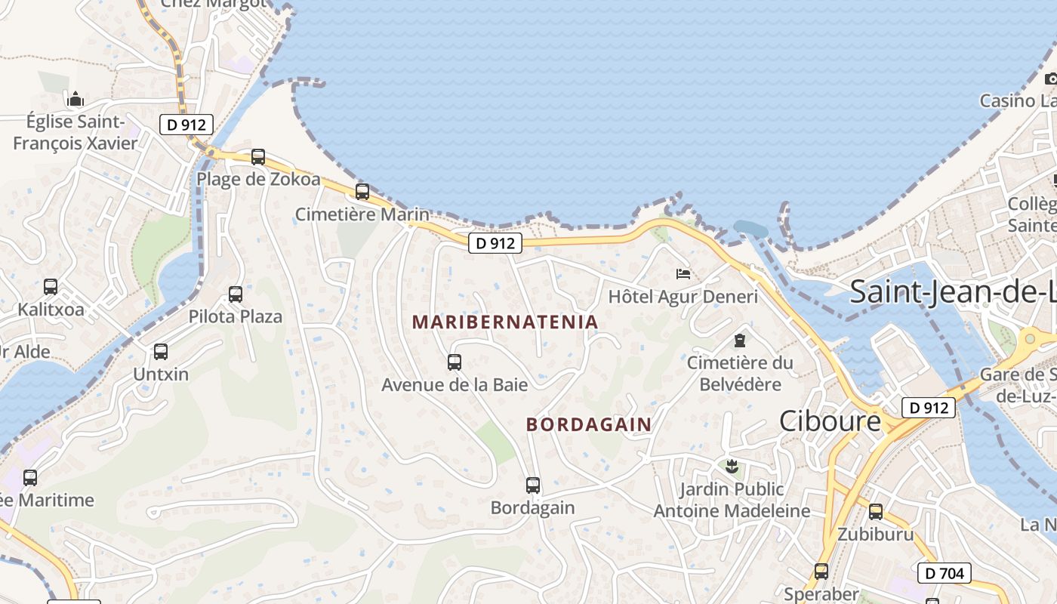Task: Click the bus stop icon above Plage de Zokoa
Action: pyautogui.click(x=258, y=157)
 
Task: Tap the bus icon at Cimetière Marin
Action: pyautogui.click(x=362, y=192)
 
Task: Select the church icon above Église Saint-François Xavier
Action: pyautogui.click(x=75, y=99)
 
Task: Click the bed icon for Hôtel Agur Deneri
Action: pyautogui.click(x=683, y=274)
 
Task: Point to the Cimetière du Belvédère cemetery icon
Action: pyautogui.click(x=740, y=341)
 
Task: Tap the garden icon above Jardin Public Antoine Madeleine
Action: pyautogui.click(x=731, y=467)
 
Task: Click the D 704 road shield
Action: pyautogui.click(x=944, y=574)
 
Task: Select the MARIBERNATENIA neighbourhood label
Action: pyautogui.click(x=505, y=322)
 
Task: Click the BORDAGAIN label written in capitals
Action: pyautogui.click(x=589, y=425)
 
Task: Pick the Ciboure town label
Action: pyautogui.click(x=830, y=421)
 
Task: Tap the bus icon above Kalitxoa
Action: pyautogui.click(x=51, y=287)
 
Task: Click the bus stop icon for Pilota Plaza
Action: pyautogui.click(x=236, y=294)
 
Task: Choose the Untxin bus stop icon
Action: pyautogui.click(x=161, y=352)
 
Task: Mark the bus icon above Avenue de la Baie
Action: pyautogui.click(x=455, y=362)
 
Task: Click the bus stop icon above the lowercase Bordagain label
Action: pyautogui.click(x=533, y=485)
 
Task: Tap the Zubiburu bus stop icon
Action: pyautogui.click(x=876, y=512)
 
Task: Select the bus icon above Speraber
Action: pyautogui.click(x=821, y=572)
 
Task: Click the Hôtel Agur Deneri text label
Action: pyautogui.click(x=683, y=297)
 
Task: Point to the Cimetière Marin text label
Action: pyautogui.click(x=362, y=214)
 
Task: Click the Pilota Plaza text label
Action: pyautogui.click(x=236, y=316)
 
